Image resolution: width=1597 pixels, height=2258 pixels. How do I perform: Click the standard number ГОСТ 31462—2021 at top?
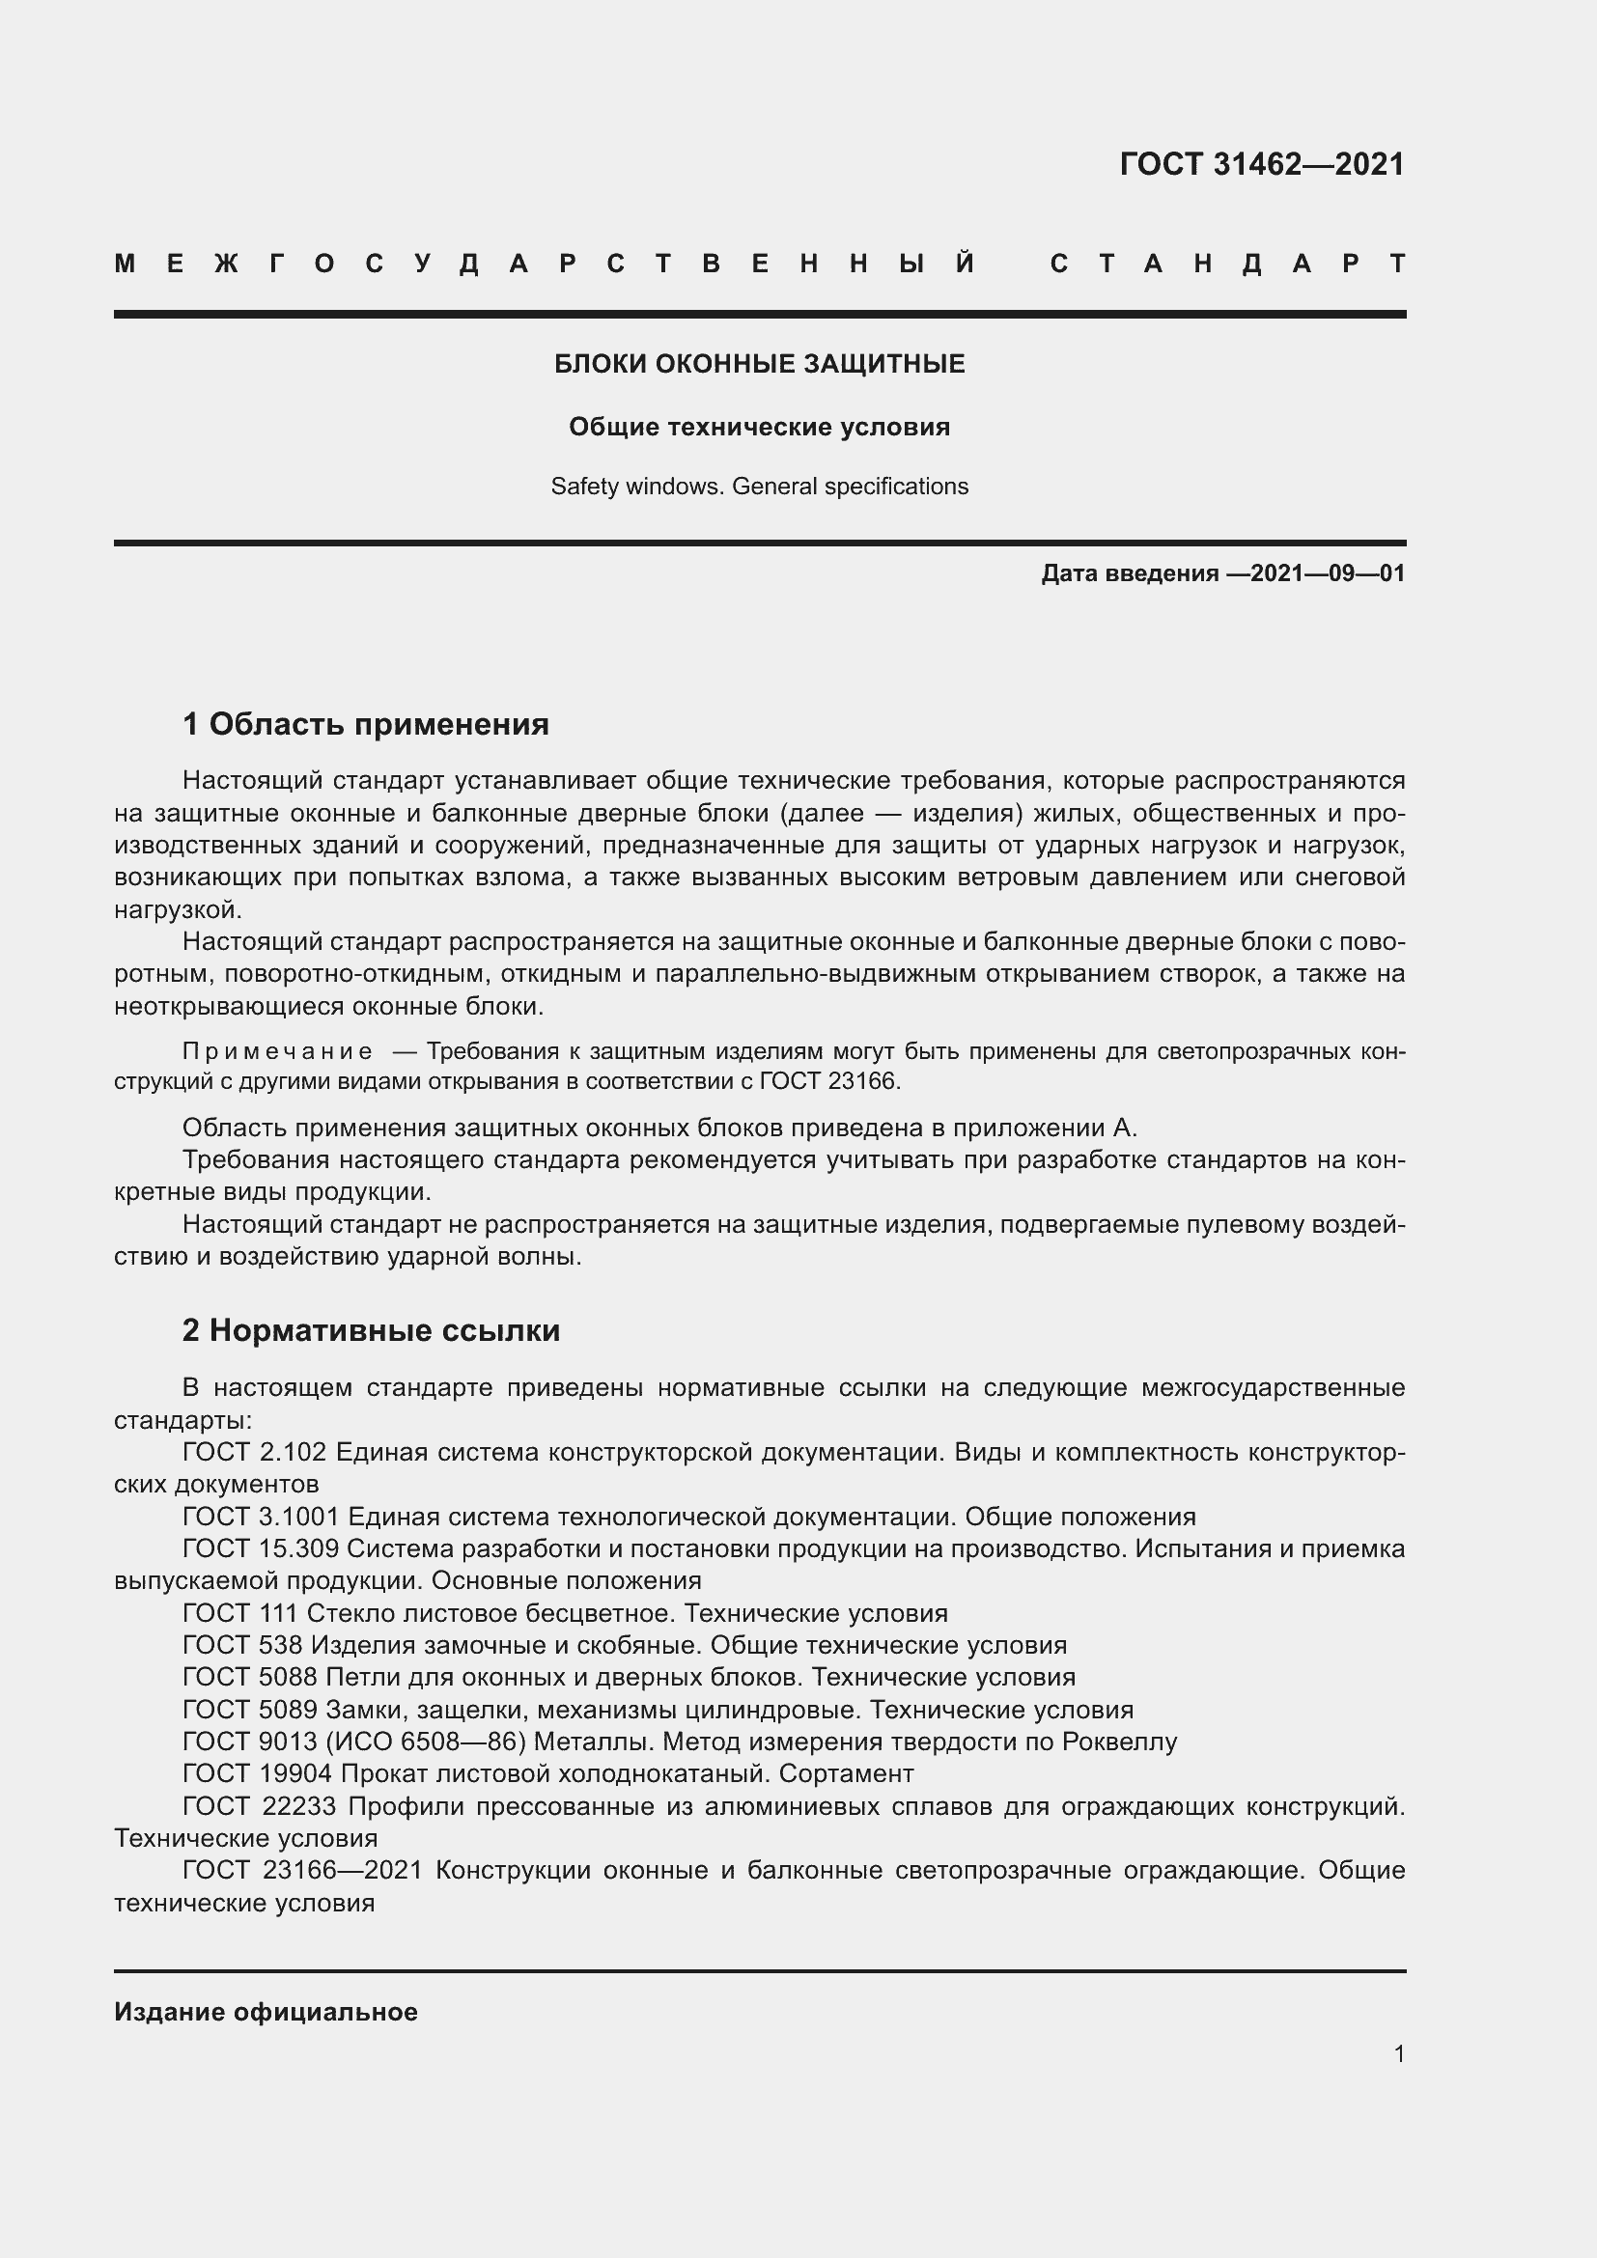click(x=1262, y=164)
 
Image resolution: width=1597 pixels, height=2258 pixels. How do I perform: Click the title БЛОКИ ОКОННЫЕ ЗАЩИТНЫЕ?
click(x=759, y=364)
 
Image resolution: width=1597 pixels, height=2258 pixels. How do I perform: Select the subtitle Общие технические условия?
click(x=759, y=427)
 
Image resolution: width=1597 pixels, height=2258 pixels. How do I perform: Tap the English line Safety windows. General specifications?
click(x=759, y=487)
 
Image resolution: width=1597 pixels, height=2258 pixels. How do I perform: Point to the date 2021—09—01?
click(x=1328, y=573)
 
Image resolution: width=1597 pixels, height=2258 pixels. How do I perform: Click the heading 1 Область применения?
click(x=365, y=725)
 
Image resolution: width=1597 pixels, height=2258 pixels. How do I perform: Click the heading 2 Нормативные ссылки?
click(x=371, y=1330)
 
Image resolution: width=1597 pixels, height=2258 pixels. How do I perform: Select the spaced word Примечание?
click(x=277, y=1051)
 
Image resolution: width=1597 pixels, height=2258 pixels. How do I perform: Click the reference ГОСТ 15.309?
click(x=261, y=1548)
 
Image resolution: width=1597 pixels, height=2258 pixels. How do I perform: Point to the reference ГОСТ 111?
click(x=240, y=1613)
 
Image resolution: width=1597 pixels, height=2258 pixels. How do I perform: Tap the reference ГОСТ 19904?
click(x=258, y=1774)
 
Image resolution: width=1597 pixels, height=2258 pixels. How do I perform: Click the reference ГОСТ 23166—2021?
click(x=302, y=1871)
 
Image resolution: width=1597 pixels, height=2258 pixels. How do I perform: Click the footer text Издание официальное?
click(x=266, y=2012)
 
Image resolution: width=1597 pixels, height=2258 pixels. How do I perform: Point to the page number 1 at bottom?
click(x=1398, y=2053)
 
